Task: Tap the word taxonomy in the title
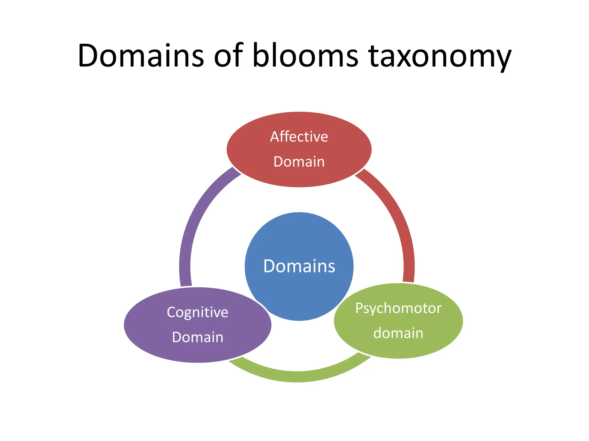pos(440,57)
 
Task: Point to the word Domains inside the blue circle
pos(299,266)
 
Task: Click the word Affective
pos(299,137)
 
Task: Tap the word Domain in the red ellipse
pos(299,162)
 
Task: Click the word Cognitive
pos(198,312)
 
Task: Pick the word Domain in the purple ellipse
pos(198,337)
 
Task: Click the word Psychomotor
pos(398,308)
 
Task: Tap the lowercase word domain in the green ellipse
pos(398,333)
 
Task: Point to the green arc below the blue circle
pos(298,376)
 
